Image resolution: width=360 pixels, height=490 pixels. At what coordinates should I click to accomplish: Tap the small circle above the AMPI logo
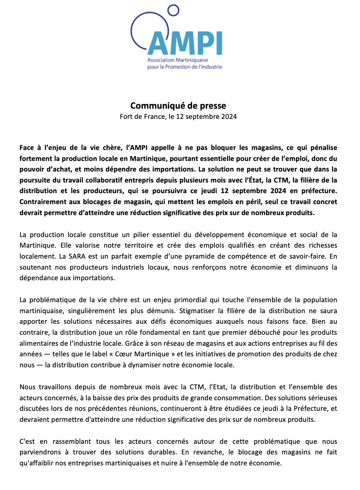(x=173, y=11)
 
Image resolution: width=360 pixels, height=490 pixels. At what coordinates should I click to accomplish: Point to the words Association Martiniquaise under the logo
(x=178, y=60)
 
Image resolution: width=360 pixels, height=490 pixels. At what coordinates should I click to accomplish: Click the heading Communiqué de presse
(x=178, y=106)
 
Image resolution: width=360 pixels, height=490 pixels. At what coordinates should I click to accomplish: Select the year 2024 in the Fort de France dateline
(x=229, y=117)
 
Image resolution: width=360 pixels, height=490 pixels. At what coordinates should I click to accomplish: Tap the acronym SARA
(x=77, y=256)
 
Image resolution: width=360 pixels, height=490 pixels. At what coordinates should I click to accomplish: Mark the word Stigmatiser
(x=197, y=311)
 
